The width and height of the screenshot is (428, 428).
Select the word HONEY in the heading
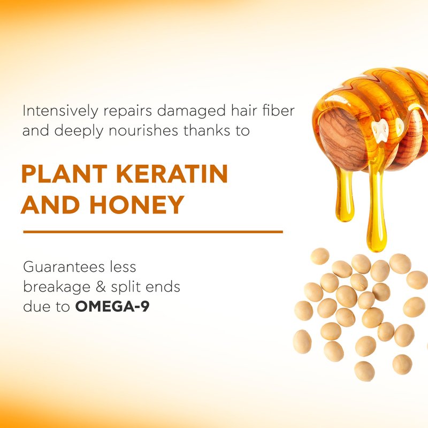[137, 204]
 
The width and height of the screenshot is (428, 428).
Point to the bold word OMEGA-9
[112, 307]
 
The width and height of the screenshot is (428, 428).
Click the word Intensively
[60, 111]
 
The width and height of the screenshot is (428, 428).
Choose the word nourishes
[143, 131]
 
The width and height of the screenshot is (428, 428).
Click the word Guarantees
[64, 266]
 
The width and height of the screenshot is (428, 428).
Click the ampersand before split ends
[101, 287]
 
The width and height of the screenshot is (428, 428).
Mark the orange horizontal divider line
[153, 232]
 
